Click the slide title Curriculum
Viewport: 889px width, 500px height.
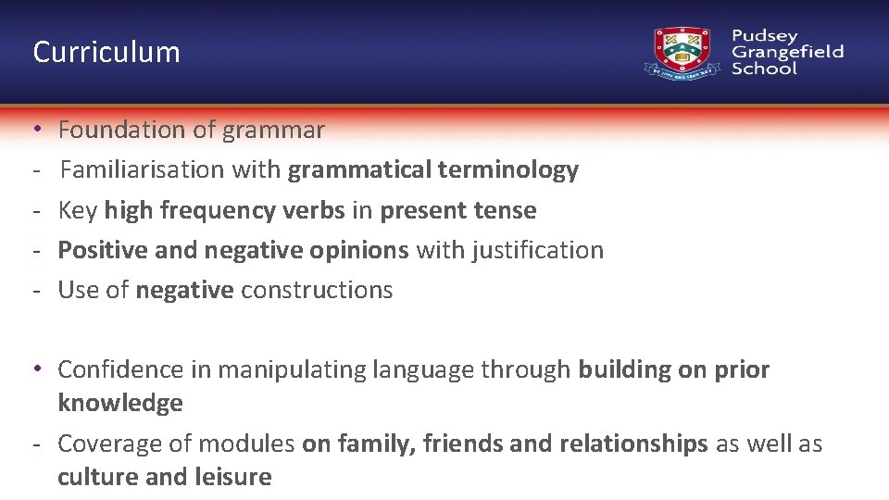click(106, 52)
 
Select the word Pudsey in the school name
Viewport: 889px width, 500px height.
click(764, 36)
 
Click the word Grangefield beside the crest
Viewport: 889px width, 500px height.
click(787, 52)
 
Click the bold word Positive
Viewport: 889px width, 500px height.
click(97, 250)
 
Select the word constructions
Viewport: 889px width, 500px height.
click(317, 290)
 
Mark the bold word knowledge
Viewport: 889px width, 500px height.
click(120, 404)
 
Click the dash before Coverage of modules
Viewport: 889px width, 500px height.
click(35, 444)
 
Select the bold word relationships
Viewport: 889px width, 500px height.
click(633, 444)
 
